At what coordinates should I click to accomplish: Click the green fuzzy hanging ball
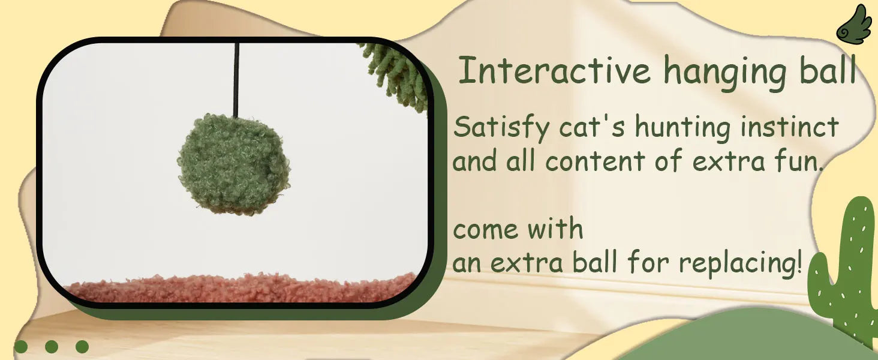234,164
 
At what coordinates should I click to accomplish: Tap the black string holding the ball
236,80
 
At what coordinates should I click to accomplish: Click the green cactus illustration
844,271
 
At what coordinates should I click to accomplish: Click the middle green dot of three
52,347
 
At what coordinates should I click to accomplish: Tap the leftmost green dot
21,347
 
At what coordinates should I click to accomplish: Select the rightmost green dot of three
82,347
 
